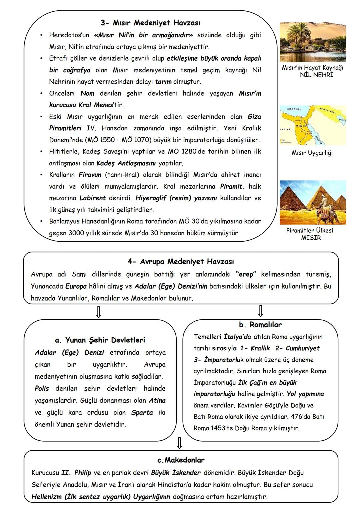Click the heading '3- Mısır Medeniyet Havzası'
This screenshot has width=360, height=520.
pos(151,23)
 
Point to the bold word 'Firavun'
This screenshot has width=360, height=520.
pos(90,175)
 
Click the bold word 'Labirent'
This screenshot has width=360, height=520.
pos(92,198)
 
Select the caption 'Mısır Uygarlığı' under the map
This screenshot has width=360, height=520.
pos(312,153)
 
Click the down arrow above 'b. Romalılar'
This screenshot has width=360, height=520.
pos(261,311)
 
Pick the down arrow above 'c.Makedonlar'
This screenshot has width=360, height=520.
pos(179,443)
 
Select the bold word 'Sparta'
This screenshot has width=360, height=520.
pos(142,413)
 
